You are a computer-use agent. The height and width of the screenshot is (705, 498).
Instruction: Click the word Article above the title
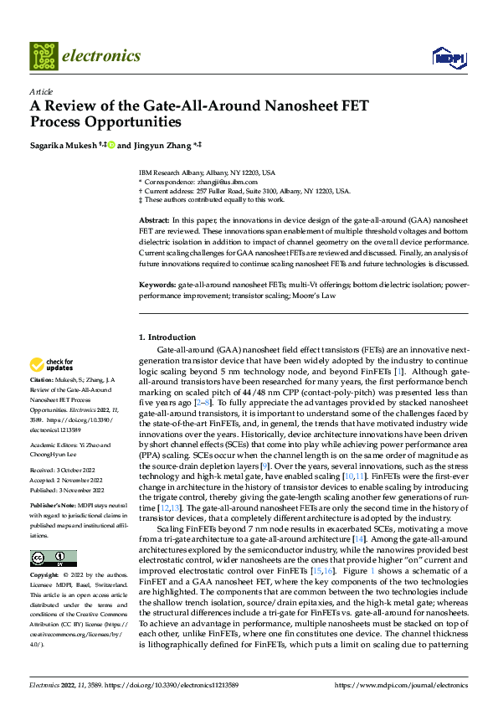41,91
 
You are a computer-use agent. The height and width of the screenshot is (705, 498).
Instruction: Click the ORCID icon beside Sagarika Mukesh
111,144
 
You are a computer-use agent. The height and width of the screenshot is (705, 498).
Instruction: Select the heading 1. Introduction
167,337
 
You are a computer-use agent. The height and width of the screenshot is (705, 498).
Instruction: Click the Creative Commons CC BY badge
53,558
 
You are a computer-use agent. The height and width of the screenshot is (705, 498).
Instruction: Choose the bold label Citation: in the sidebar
44,379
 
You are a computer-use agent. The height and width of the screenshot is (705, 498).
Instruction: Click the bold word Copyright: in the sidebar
47,575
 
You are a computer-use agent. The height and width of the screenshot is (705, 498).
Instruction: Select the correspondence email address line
209,181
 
